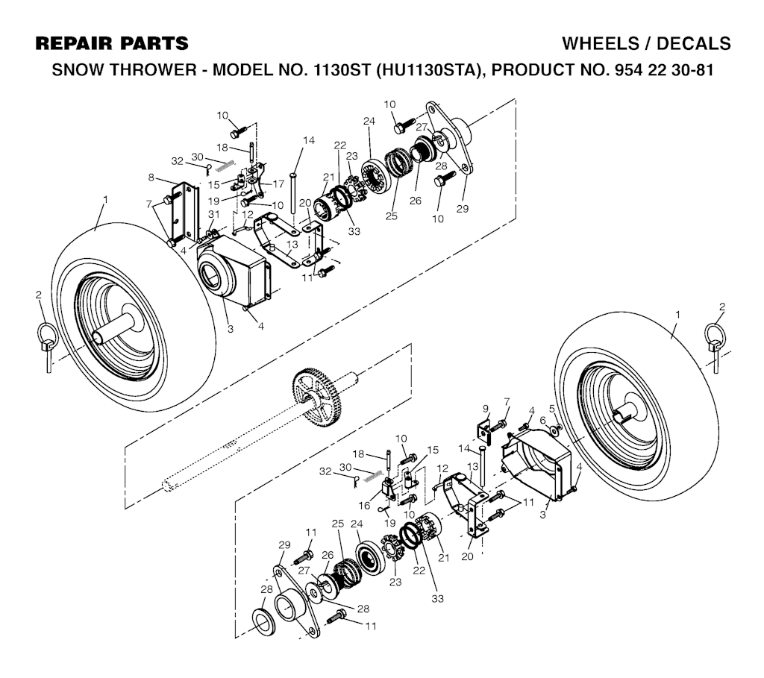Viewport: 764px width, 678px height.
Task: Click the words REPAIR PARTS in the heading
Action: coord(112,43)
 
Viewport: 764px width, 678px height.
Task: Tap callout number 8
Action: coord(151,178)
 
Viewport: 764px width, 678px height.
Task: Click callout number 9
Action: coord(485,408)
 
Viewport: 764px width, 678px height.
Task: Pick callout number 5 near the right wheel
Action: coord(552,408)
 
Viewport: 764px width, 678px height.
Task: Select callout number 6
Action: coord(542,420)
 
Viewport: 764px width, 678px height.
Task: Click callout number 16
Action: coord(364,506)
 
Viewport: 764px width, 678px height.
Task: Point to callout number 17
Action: coord(278,184)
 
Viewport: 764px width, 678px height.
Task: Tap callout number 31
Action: coord(214,214)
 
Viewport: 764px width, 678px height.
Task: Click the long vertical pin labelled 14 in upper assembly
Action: coord(294,192)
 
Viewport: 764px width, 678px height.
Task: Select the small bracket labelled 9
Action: coord(483,433)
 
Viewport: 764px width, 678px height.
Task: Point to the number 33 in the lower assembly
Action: coord(437,598)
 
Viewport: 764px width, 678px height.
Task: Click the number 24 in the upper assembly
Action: coord(369,121)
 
